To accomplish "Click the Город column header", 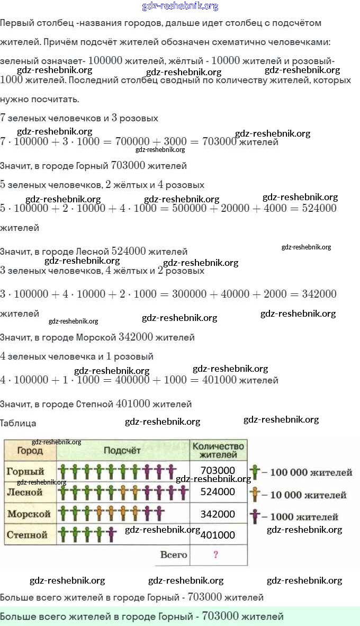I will click(x=30, y=451).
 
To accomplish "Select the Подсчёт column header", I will click(x=122, y=451).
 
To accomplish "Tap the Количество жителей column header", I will click(x=218, y=450).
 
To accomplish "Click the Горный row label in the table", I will click(x=25, y=471).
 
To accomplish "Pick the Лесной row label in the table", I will click(x=24, y=492).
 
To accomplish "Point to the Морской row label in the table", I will click(x=29, y=514).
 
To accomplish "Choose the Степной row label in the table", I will click(x=28, y=535).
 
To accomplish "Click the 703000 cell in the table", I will click(x=218, y=470).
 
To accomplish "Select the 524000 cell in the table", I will click(x=218, y=491).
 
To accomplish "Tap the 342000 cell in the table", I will click(x=218, y=514).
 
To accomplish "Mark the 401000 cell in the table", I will click(x=218, y=535).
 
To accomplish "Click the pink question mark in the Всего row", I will click(x=216, y=555).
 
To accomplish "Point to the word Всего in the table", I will click(x=174, y=555).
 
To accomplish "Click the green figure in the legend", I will click(x=255, y=472).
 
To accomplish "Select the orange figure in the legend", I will click(x=255, y=494).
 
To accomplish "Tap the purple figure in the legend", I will click(x=255, y=516).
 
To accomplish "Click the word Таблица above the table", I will click(x=18, y=423).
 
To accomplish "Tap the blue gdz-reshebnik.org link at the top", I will click(x=180, y=6).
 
